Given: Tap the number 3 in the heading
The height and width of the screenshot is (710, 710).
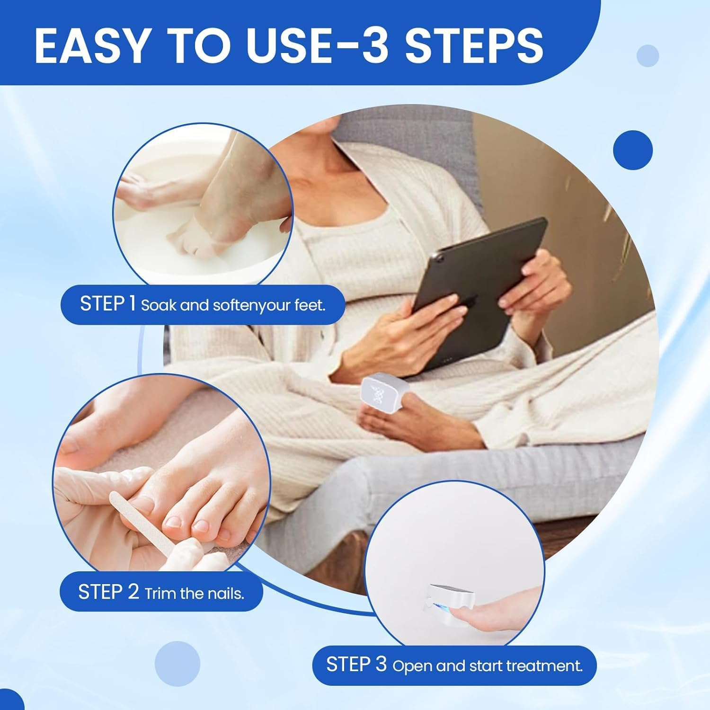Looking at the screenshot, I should pyautogui.click(x=377, y=45).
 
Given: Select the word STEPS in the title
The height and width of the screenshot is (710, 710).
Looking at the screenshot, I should pyautogui.click(x=473, y=45).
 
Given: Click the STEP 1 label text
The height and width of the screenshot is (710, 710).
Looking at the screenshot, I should pyautogui.click(x=108, y=304).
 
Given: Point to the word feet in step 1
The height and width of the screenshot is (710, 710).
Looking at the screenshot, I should pyautogui.click(x=310, y=305).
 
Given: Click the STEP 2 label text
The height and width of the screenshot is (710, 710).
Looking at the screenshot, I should pyautogui.click(x=108, y=592).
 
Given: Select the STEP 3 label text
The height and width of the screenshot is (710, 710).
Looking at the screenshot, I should pyautogui.click(x=356, y=665).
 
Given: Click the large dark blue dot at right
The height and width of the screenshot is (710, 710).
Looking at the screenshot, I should pyautogui.click(x=632, y=150).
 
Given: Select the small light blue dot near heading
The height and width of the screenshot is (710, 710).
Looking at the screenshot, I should pyautogui.click(x=648, y=56).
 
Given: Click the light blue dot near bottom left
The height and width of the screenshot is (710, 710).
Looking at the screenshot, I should pyautogui.click(x=177, y=663).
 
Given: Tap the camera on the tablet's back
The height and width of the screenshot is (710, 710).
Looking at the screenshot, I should pyautogui.click(x=440, y=259).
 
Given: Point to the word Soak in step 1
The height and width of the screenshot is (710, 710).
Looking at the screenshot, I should pyautogui.click(x=159, y=305).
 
